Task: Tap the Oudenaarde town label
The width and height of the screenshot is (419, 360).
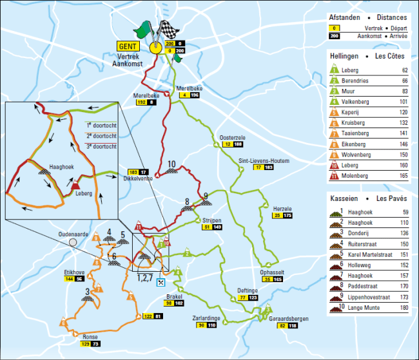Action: coord(73,234)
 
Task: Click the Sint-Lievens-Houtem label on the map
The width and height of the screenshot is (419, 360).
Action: coord(263,160)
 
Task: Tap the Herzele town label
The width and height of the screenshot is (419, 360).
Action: coord(283,207)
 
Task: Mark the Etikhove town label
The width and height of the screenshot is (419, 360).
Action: coord(75,272)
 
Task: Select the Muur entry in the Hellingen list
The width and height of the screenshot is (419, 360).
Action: coord(357,92)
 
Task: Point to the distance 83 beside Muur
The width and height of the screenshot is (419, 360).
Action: coord(405,92)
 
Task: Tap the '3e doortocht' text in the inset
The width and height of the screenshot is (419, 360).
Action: coord(101,146)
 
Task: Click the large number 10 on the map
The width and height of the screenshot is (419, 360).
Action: coord(171,164)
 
